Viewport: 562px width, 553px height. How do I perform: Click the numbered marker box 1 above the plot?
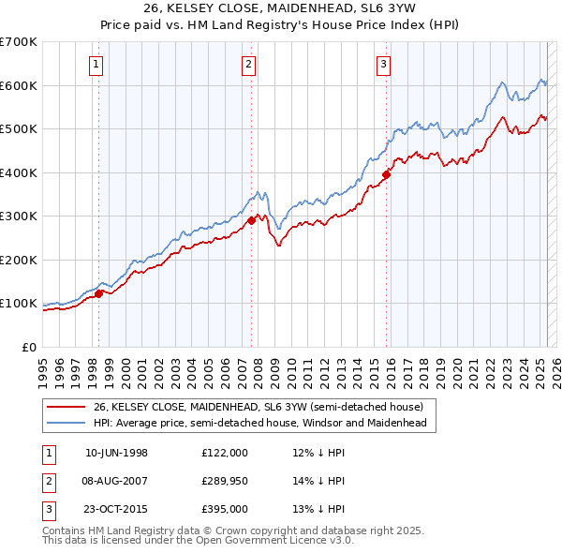97,65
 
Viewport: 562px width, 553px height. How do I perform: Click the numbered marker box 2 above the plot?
248,65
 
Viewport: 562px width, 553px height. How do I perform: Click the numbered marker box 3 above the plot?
384,65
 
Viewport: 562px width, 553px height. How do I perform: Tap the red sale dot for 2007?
252,221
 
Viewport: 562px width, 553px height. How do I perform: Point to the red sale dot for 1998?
99,293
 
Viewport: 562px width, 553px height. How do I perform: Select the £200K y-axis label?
19,260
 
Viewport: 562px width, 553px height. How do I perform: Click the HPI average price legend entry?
259,424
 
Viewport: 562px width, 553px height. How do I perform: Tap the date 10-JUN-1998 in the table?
116,453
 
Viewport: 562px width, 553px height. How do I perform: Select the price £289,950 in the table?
225,481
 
